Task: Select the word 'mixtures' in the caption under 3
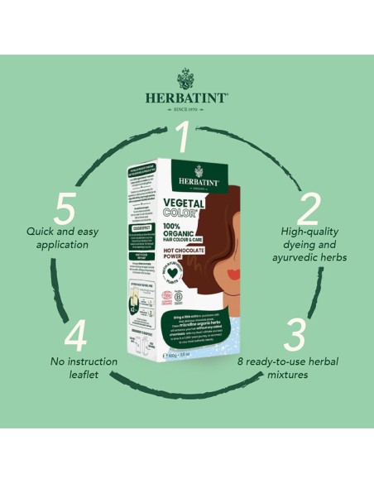click(x=306, y=374)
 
